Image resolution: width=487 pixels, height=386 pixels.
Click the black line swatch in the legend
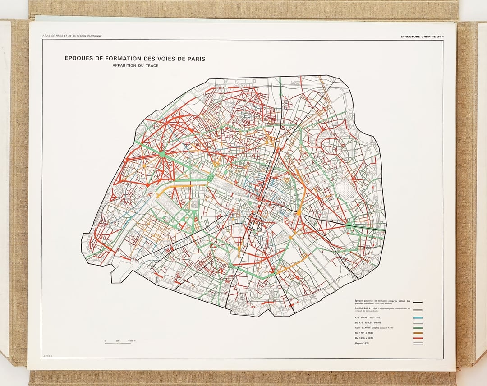[419, 303]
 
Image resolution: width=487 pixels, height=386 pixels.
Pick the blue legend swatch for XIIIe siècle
[419, 318]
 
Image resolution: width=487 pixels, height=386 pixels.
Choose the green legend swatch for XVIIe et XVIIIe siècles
[419, 328]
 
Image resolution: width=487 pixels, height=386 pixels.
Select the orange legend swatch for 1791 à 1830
[419, 333]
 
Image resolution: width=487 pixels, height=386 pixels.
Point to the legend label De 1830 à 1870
[366, 338]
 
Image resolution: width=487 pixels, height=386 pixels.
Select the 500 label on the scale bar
[118, 341]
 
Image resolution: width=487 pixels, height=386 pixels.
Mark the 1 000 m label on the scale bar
[132, 341]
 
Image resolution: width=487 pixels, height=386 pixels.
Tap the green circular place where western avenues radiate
[162, 155]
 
